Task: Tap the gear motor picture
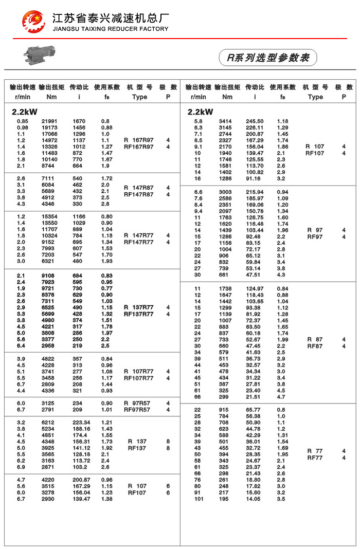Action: [39, 54]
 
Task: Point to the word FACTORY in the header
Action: [153, 29]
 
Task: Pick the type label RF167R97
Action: [139, 147]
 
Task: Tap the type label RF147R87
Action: [139, 195]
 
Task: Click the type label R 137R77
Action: [139, 307]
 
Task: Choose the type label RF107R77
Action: [139, 378]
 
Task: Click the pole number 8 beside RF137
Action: [168, 448]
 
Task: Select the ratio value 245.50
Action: [255, 121]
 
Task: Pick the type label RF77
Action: [315, 457]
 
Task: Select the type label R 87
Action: [315, 339]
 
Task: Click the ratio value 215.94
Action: [255, 192]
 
